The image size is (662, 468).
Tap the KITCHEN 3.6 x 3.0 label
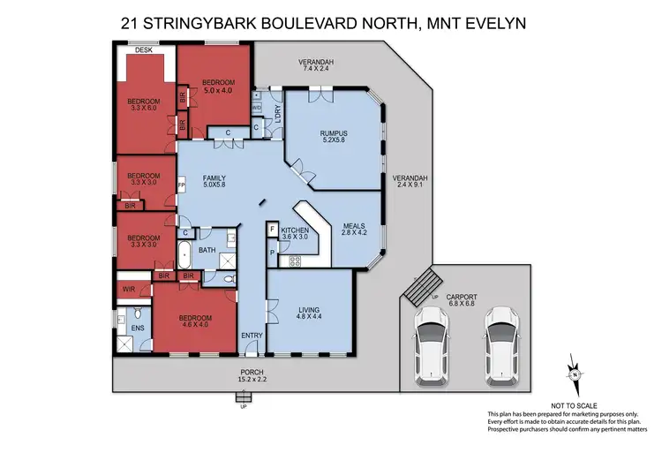293,232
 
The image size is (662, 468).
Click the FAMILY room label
214,180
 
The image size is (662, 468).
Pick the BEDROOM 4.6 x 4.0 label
195,321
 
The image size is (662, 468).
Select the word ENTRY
252,336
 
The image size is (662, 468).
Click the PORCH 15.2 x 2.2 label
252,376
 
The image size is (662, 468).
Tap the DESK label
143,50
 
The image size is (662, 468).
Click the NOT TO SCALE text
575,404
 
